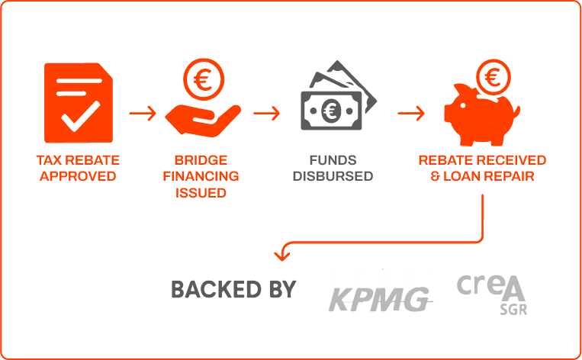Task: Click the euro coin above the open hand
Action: [202, 79]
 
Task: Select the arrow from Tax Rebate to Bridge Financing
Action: [142, 114]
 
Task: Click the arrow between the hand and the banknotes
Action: [266, 114]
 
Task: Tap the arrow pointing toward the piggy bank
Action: [410, 114]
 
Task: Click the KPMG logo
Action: [381, 291]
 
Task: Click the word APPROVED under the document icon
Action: [78, 176]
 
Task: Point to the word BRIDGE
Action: [201, 160]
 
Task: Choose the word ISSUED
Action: [201, 192]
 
